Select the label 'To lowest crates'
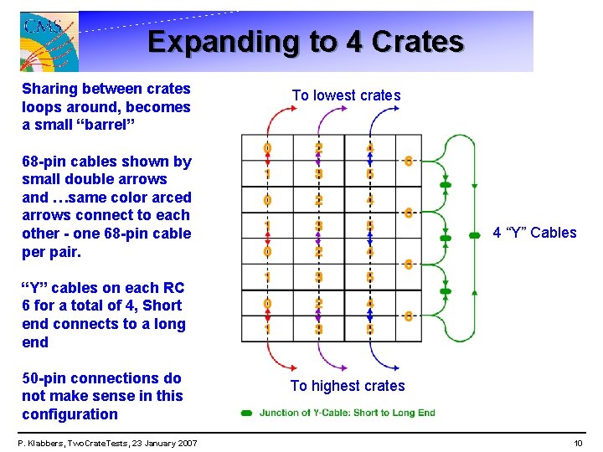346,95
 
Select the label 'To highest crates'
347,386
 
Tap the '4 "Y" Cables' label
534,233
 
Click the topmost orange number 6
408,161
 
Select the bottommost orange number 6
408,316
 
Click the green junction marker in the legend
247,413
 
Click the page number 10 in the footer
577,443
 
